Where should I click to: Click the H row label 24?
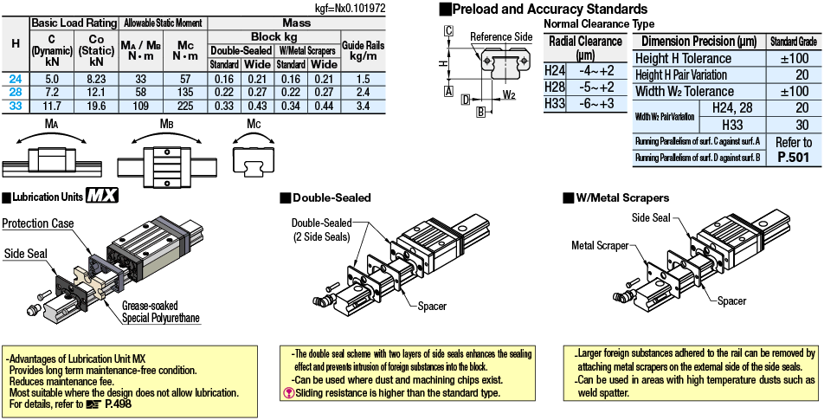point(16,79)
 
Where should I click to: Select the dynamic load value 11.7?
point(51,106)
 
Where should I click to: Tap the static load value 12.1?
point(94,92)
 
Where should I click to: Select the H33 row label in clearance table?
point(555,103)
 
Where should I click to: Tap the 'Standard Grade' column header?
point(792,42)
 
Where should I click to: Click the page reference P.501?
point(794,157)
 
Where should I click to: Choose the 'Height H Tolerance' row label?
point(683,58)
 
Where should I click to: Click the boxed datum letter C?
point(448,31)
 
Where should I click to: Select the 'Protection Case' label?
point(37,223)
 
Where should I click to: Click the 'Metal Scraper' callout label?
point(600,245)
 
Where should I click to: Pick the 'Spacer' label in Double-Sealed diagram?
point(433,306)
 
